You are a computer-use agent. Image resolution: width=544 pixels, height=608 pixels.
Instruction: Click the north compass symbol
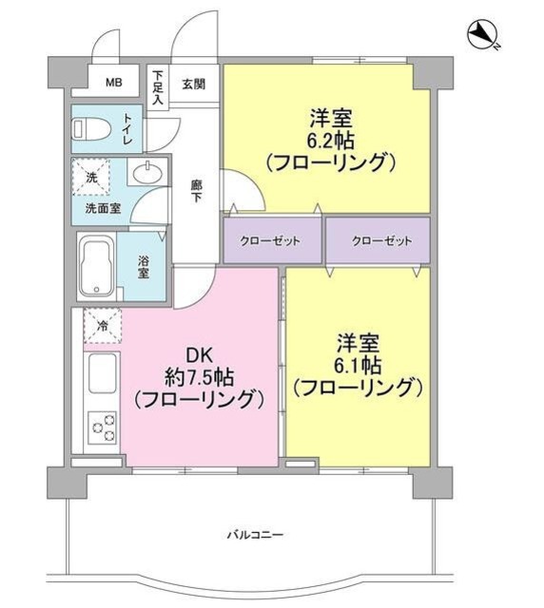tap(485, 37)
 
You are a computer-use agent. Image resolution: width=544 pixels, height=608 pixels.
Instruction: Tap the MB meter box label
tap(114, 82)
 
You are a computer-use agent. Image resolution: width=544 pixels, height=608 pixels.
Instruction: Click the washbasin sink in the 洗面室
tap(146, 174)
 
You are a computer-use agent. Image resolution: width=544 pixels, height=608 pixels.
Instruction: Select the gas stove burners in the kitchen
tap(101, 427)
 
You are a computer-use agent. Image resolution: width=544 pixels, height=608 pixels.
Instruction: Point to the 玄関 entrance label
tap(194, 84)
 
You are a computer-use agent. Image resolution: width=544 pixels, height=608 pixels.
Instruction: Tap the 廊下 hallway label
tap(197, 191)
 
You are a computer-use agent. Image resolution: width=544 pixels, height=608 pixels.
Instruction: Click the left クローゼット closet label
tap(273, 241)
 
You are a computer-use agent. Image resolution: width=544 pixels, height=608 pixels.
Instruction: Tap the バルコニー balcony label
tap(254, 535)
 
